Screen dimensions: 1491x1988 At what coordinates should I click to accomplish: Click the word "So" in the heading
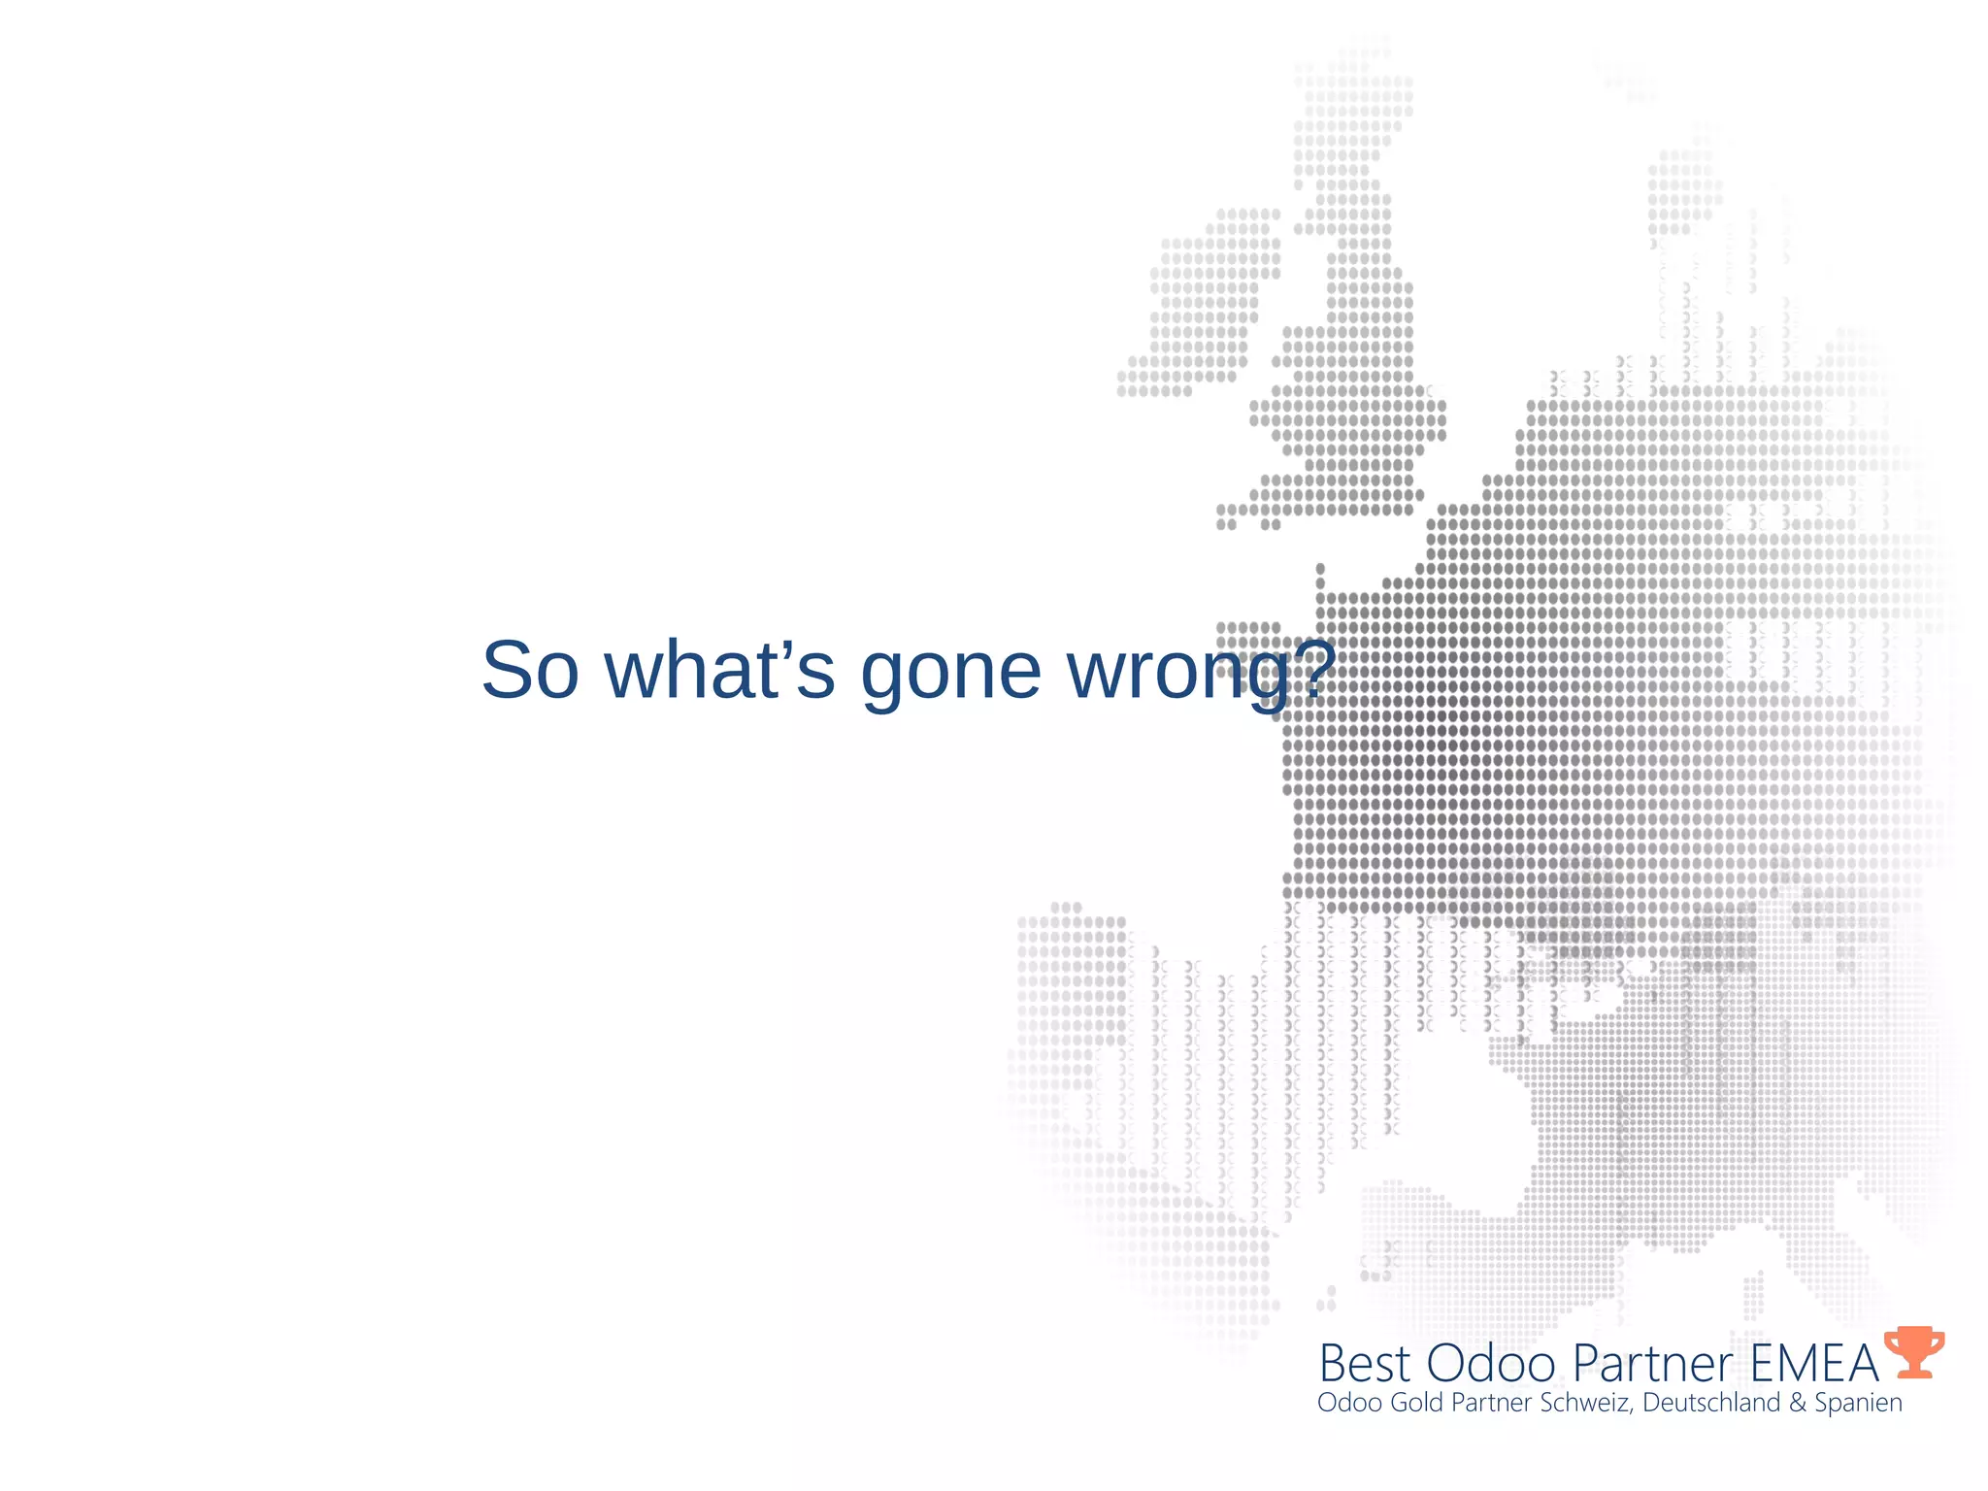(530, 671)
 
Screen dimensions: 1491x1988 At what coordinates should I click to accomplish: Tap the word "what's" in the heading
(719, 671)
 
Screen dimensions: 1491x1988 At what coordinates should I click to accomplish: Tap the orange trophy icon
(1913, 1351)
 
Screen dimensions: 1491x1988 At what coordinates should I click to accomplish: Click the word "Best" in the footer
(1364, 1363)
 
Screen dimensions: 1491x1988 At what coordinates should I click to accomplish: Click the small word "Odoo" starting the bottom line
(1349, 1403)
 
